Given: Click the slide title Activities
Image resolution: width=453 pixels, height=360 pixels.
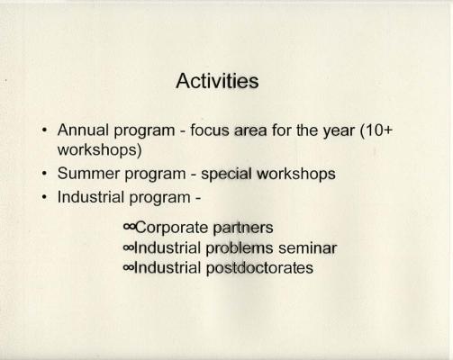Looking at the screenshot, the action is click(217, 81).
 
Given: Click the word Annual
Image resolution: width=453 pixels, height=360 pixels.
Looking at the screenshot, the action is click(83, 130).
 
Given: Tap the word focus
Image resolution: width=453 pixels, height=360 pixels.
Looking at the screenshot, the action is click(210, 130).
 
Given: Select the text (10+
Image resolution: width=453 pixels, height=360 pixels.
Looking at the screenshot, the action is click(376, 130).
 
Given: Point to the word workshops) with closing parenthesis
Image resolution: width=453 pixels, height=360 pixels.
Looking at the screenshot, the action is click(99, 149).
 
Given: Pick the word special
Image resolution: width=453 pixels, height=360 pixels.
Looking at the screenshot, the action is click(226, 175).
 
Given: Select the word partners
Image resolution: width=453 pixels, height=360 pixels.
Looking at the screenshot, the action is click(243, 228).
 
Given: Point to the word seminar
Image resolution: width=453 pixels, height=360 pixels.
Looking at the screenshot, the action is click(307, 248).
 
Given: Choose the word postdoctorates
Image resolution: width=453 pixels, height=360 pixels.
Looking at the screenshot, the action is click(259, 268).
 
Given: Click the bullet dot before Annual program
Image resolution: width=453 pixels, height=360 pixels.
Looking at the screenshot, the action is click(45, 130).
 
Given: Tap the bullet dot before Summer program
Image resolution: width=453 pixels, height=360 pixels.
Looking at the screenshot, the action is click(45, 174).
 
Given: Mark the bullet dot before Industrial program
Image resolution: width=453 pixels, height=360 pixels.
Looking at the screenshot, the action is click(45, 197).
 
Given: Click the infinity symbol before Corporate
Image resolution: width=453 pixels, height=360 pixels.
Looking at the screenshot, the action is click(129, 228).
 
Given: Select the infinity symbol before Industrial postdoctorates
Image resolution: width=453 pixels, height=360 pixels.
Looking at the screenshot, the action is click(129, 268).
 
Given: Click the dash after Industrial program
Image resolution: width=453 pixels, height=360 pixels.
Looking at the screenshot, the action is click(198, 198).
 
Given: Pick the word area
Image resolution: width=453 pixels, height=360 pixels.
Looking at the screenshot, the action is click(250, 130).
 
